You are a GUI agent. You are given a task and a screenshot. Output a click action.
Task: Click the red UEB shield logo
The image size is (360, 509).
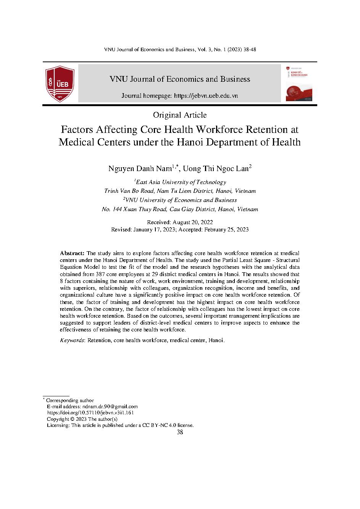(x=60, y=84)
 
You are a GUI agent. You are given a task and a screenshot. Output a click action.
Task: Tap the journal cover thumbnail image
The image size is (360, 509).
(x=296, y=83)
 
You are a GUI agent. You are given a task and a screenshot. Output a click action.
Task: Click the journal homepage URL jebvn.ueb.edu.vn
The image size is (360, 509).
(x=206, y=96)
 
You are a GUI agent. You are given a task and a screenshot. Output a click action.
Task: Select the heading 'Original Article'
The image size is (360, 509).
(x=180, y=115)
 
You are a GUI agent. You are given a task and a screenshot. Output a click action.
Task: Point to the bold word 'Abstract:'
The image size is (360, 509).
(x=72, y=253)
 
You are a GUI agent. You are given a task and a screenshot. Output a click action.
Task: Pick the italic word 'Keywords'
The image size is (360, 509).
(x=72, y=340)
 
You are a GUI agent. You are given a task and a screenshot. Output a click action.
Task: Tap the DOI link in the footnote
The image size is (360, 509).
(x=90, y=413)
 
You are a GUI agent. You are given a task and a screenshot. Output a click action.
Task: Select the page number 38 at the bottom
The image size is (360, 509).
(x=180, y=432)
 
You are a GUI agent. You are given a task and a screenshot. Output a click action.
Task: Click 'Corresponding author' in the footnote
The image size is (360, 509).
(x=69, y=401)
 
